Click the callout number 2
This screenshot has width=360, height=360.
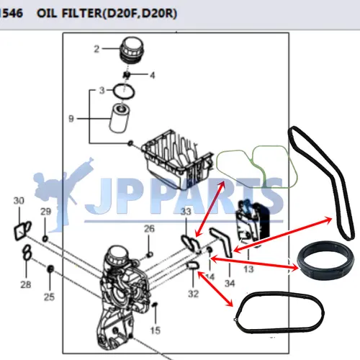coord(96,49)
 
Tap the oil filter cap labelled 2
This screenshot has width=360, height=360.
coord(132,50)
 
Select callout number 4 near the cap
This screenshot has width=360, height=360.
coord(153,76)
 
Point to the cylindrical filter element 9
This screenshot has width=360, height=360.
coord(120,117)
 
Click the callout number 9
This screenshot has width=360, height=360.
coord(71,119)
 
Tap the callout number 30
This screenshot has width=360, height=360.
coord(19,200)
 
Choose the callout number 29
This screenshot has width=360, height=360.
coord(45,212)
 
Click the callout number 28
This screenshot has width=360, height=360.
coord(26,284)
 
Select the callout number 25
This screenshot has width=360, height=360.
coord(49,297)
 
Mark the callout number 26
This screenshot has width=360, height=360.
coord(149,228)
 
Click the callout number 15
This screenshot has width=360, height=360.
coord(156,330)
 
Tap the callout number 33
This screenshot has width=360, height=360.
coord(186,212)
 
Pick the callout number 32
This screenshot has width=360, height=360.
coord(193,294)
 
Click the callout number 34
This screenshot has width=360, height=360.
coord(230,284)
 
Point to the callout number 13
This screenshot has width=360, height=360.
coord(248,269)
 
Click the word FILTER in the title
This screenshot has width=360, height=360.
coord(81,13)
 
